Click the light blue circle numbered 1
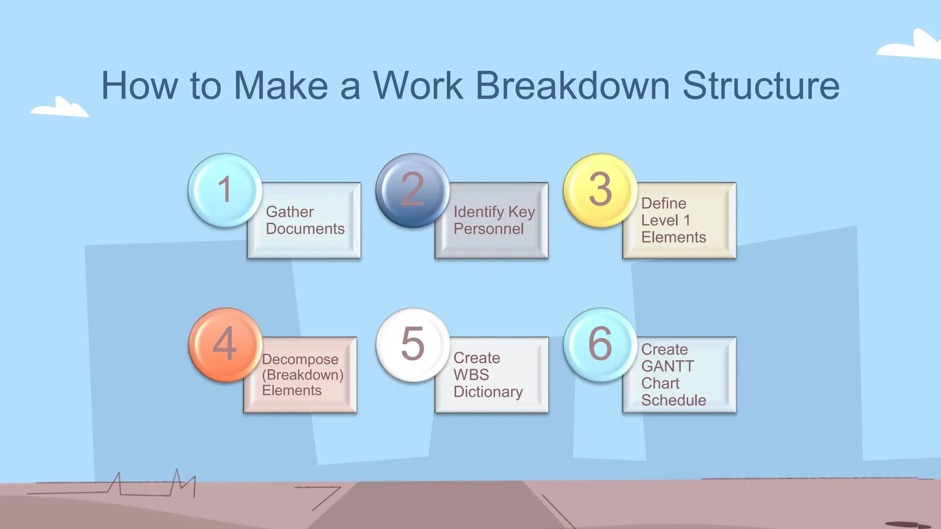[225, 190]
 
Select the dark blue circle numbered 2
[412, 190]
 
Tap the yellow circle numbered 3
[600, 190]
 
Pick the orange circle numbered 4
[225, 344]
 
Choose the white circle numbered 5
[412, 344]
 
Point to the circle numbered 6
[600, 344]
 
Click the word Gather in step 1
[289, 212]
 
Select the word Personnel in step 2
[488, 229]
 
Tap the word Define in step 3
[663, 203]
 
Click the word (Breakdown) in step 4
[303, 375]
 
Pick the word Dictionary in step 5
[488, 392]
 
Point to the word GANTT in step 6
[667, 366]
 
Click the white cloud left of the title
[60, 108]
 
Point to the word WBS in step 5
[471, 375]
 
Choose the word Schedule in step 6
[674, 400]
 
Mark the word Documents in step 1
[305, 229]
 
